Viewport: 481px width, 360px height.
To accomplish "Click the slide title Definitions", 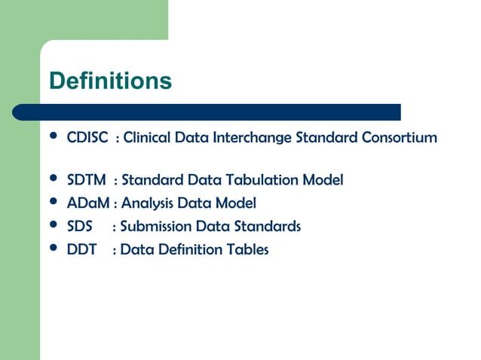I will pyautogui.click(x=110, y=81).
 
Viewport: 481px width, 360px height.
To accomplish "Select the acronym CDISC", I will pyautogui.click(x=87, y=139).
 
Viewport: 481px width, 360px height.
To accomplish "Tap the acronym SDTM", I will pyautogui.click(x=87, y=180).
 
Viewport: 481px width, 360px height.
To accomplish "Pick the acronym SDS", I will pyautogui.click(x=79, y=227).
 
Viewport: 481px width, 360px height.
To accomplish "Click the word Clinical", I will pyautogui.click(x=147, y=139).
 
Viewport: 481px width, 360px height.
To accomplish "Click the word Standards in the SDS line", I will pyautogui.click(x=267, y=227).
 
